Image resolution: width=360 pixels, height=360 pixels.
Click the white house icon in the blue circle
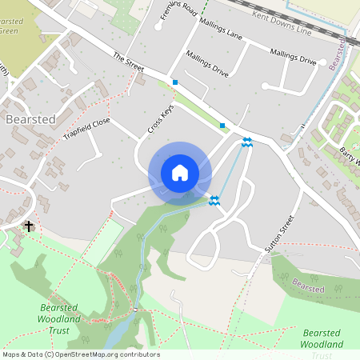tap(179, 173)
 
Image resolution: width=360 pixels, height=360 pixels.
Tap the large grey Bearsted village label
tap(30, 119)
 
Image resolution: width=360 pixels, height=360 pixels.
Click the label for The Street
tap(128, 61)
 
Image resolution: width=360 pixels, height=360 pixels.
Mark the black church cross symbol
tap(30, 226)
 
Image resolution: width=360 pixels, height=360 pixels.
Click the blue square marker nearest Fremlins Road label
tap(175, 82)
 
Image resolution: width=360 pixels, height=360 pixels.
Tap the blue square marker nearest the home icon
tap(222, 125)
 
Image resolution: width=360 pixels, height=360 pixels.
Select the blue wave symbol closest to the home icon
tap(214, 201)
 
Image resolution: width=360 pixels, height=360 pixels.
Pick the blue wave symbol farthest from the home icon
tap(247, 142)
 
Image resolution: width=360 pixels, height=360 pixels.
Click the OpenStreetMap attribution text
tap(81, 354)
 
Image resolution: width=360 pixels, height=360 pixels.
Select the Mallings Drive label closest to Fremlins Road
tap(206, 65)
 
